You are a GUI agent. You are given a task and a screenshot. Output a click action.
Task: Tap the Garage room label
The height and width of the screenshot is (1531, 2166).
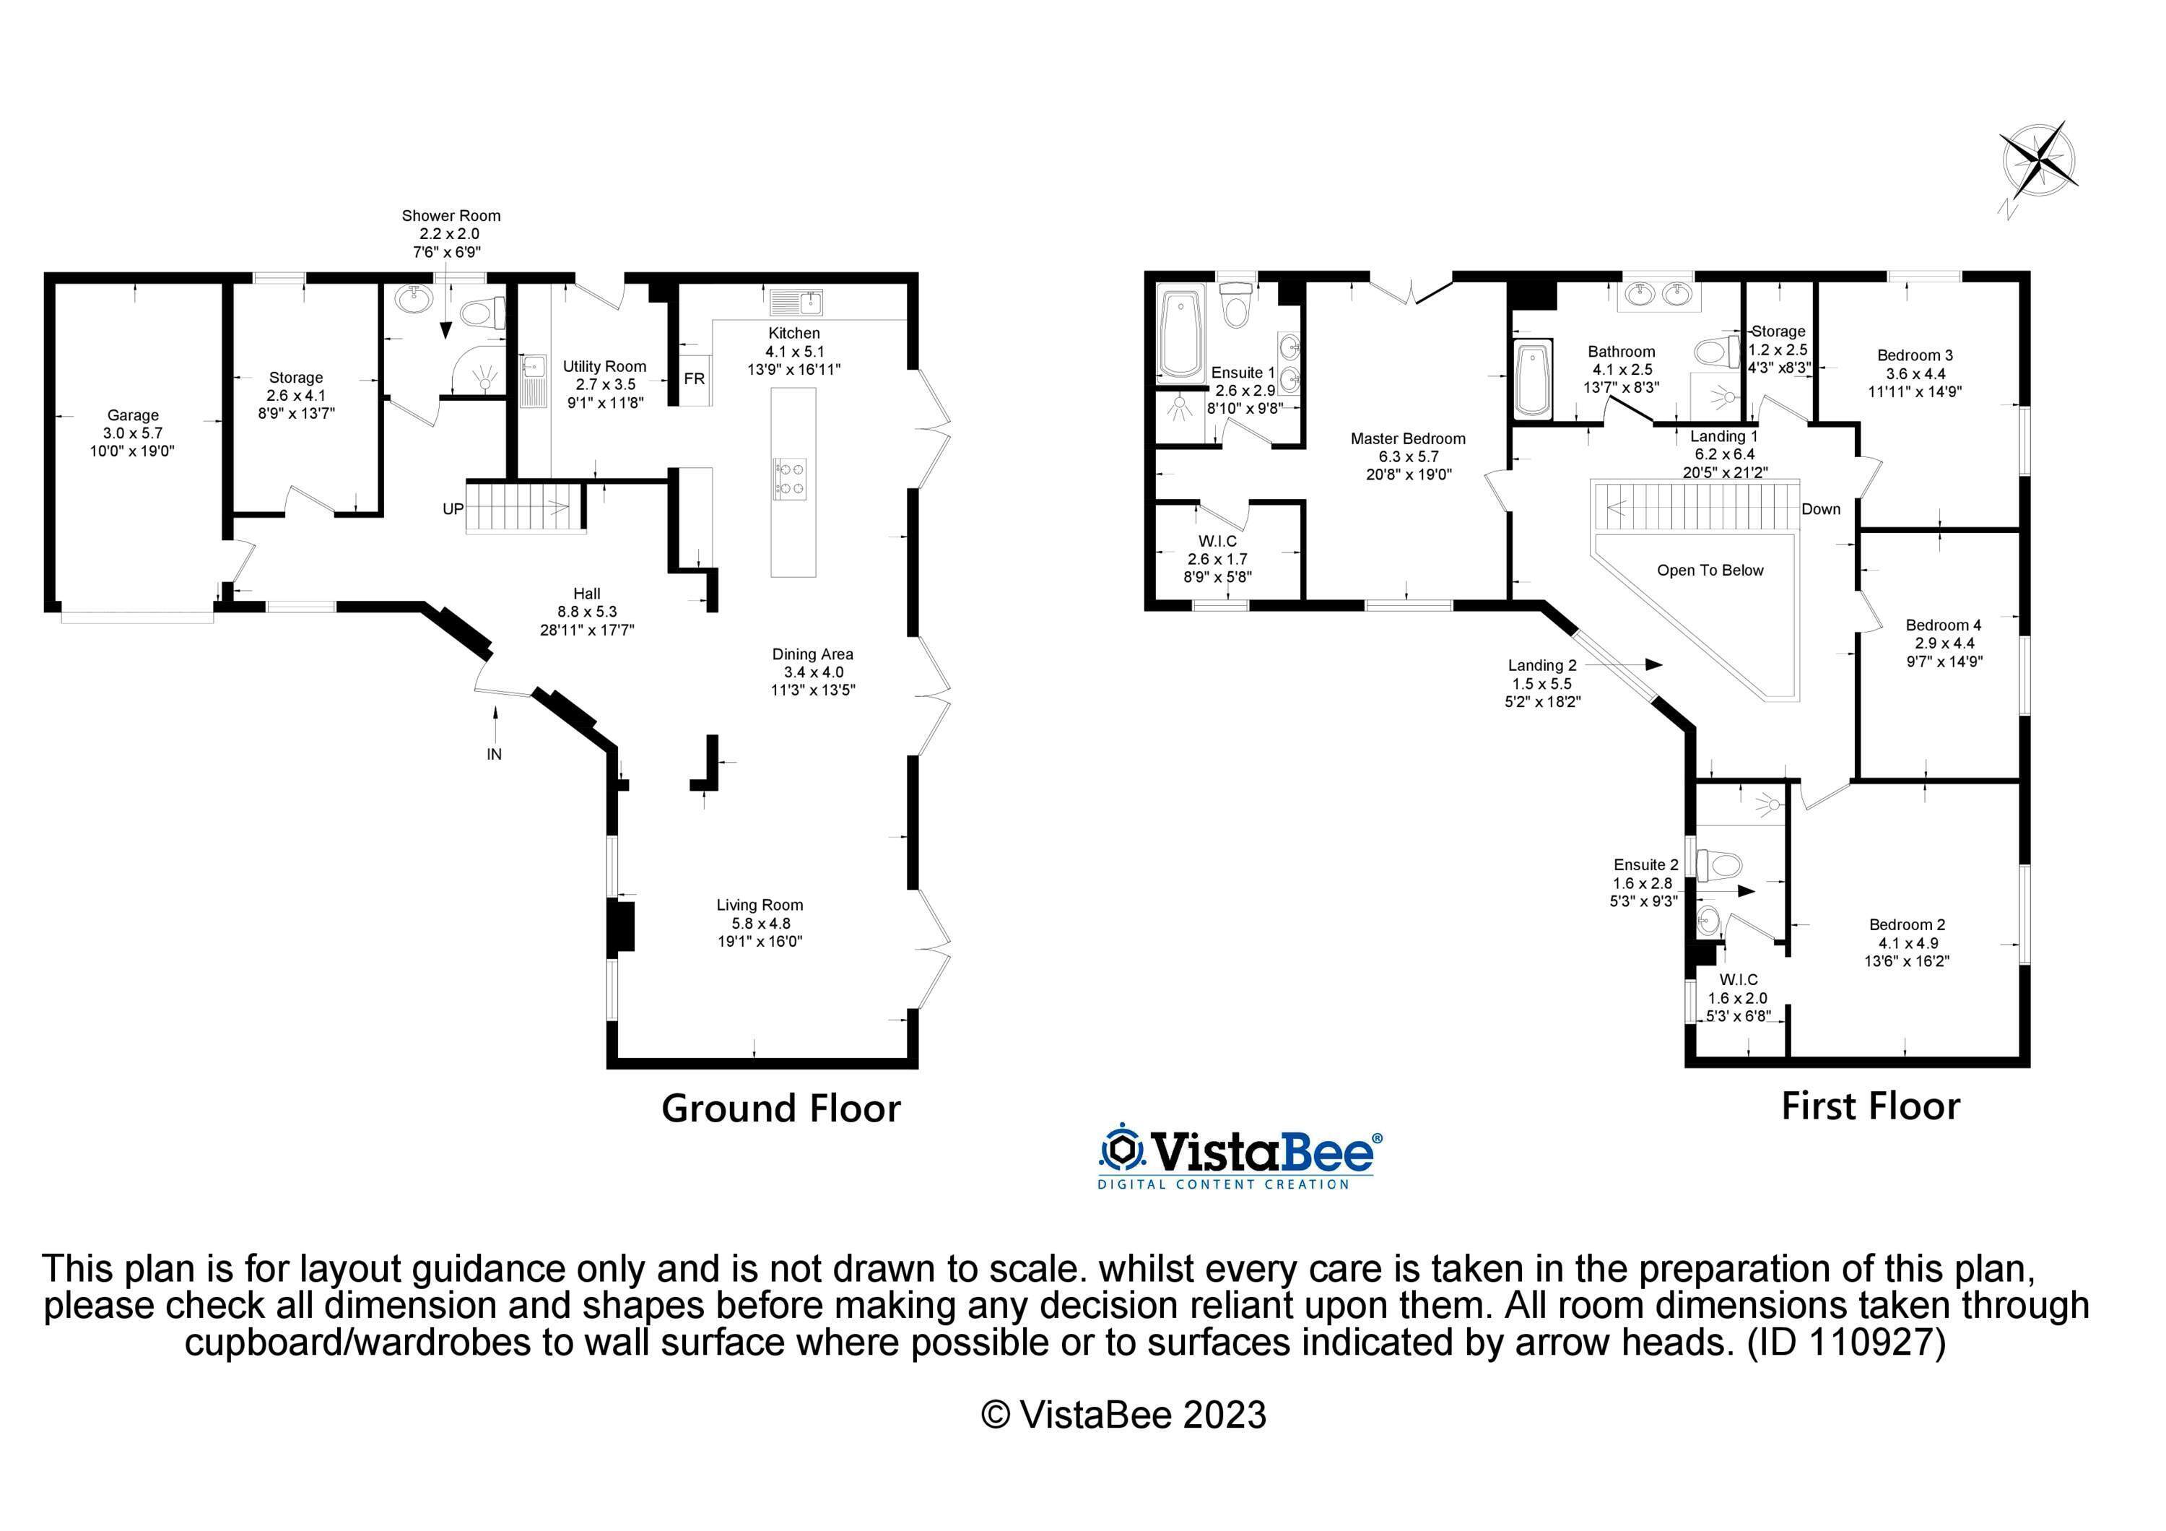[133, 415]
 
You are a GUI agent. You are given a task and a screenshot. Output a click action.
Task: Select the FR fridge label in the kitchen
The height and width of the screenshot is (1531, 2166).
[695, 379]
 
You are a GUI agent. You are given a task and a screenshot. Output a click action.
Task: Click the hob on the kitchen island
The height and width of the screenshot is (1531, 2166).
[791, 477]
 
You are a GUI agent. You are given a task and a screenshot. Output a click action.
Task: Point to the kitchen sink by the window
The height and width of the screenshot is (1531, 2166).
[797, 303]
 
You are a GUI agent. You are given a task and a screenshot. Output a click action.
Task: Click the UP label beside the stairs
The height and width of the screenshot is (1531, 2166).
[453, 509]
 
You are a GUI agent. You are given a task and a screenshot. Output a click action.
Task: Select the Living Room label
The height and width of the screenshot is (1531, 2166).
[760, 906]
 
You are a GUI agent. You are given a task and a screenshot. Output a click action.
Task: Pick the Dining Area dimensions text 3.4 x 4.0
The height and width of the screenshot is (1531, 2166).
[813, 672]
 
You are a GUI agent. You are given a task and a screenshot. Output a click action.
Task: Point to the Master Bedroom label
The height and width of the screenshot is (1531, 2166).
[1407, 438]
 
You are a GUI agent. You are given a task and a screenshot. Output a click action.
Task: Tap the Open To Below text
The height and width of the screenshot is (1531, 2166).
[1710, 571]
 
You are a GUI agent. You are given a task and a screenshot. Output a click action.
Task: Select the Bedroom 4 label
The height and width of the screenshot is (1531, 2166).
[1944, 625]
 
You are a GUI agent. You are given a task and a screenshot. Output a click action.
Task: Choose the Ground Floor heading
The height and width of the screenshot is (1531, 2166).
[781, 1109]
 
